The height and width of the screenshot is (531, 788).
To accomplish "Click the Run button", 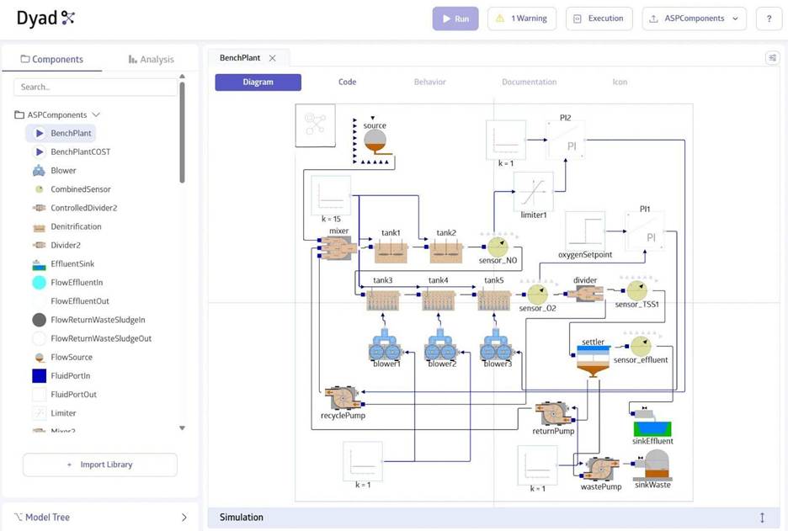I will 455,19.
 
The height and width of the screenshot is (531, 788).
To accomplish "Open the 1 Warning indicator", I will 521,19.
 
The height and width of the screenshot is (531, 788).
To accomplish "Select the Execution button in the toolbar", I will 599,19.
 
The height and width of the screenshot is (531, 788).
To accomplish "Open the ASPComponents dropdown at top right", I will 694,19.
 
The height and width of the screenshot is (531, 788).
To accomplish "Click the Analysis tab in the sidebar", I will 151,59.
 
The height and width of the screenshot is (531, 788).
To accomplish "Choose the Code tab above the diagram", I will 347,82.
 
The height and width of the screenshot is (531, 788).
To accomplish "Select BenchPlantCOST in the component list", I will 80,151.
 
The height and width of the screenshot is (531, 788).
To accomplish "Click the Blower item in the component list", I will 63,170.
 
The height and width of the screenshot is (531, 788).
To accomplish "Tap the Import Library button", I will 99,465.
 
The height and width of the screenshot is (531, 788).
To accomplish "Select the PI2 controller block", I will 566,141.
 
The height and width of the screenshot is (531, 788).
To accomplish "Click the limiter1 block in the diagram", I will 533,192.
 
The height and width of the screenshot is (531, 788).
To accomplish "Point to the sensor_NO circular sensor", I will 498,247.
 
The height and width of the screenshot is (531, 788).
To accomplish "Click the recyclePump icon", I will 343,397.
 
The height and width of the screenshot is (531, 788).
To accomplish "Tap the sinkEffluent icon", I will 652,426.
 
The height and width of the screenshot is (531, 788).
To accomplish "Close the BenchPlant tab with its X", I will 272,58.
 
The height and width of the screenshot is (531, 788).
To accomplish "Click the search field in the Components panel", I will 95,87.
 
